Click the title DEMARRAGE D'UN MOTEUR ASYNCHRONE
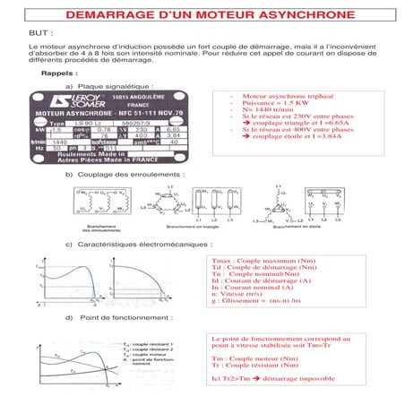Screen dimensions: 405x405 click(202, 16)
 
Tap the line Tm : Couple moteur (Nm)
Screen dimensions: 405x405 click(260, 359)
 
